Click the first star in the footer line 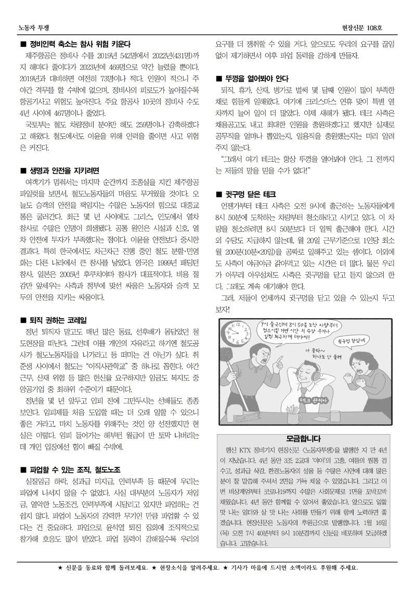(x=60, y=568)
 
